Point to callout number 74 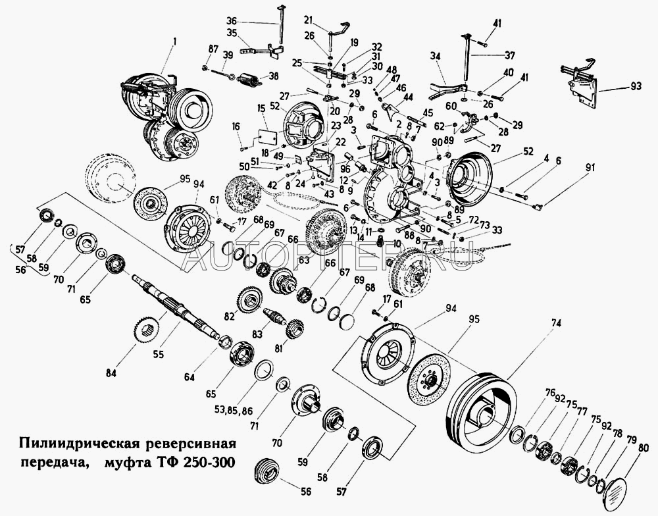coord(557,323)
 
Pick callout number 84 coord(111,374)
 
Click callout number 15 coord(261,108)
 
